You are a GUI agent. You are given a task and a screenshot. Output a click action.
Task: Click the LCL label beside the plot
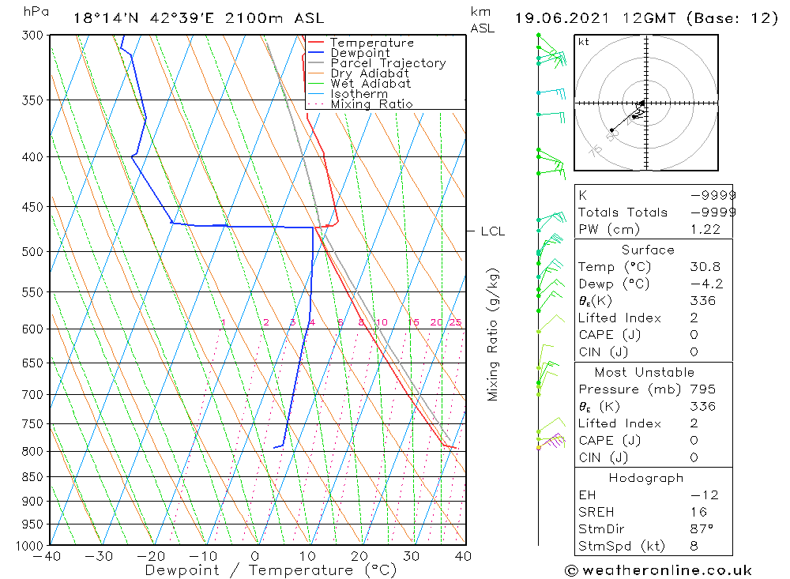point(492,231)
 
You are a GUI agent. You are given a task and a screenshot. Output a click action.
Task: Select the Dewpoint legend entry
point(359,53)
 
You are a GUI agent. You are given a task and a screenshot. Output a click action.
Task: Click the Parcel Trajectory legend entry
point(388,63)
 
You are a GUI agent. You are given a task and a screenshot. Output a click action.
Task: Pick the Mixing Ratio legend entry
point(371,104)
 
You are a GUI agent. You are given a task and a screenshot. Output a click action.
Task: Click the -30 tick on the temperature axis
point(100,556)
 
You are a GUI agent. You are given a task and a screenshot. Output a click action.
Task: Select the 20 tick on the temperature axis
point(359,556)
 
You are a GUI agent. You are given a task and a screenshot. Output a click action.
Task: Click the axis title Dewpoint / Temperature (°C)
point(271,570)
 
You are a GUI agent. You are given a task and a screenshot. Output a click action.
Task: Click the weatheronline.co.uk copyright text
point(658,570)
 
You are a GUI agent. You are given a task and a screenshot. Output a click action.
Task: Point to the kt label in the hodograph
point(584,42)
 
